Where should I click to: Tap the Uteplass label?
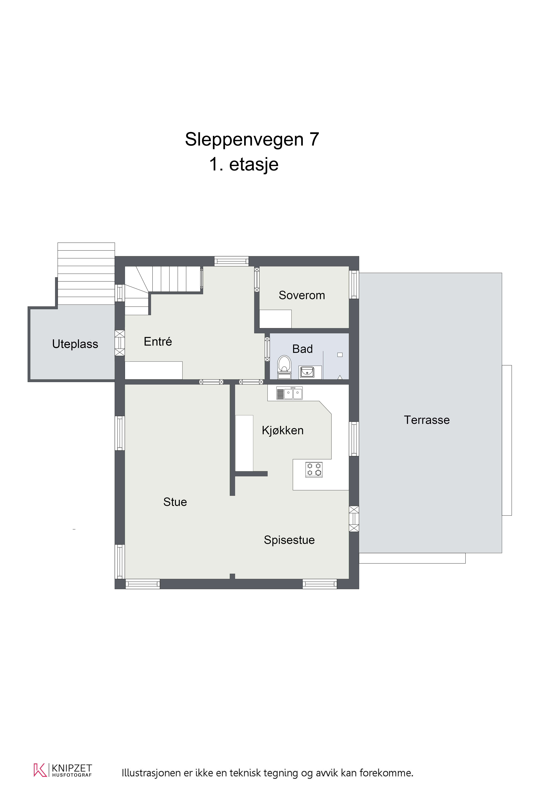coord(75,344)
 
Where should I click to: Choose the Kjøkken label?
coord(283,430)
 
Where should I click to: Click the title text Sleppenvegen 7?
coord(252,139)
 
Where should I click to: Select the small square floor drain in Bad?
coord(340,355)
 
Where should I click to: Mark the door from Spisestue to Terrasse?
coord(354,519)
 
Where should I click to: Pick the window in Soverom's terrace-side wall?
coord(354,284)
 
